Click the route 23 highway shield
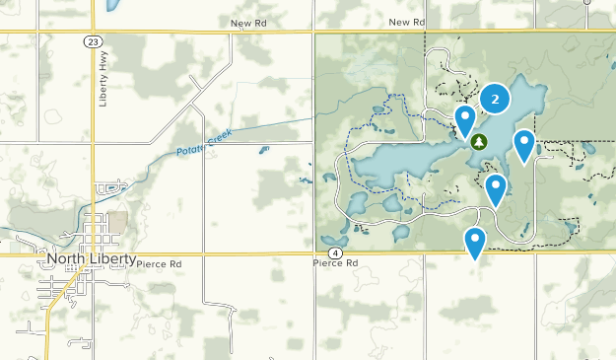[x=92, y=41]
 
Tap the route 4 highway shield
[x=336, y=253]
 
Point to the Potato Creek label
[x=203, y=140]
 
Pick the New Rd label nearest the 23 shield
[x=248, y=22]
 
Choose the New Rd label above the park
[x=406, y=22]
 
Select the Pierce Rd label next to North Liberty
[x=162, y=264]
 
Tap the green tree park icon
[x=479, y=142]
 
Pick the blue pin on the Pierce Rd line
[x=475, y=241]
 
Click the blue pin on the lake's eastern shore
[x=524, y=146]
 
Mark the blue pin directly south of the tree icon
[x=496, y=187]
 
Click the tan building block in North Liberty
[x=117, y=222]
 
